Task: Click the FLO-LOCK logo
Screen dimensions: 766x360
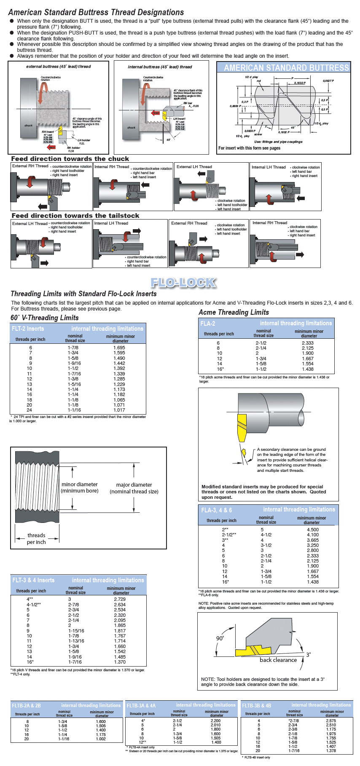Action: (x=183, y=283)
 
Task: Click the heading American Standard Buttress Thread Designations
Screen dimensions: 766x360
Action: (x=96, y=12)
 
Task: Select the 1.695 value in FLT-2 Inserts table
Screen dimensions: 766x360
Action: (x=119, y=348)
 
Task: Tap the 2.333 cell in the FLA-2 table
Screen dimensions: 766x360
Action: (x=308, y=343)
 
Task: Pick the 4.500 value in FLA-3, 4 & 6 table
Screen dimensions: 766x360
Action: (x=313, y=530)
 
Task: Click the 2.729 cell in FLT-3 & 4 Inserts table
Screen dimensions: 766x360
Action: (x=120, y=599)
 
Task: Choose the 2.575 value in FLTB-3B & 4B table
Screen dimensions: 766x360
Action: (x=331, y=721)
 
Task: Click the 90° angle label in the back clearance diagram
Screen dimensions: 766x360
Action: (x=220, y=638)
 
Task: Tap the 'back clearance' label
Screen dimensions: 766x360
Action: (x=278, y=660)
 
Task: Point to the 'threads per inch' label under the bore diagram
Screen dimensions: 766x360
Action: (x=36, y=538)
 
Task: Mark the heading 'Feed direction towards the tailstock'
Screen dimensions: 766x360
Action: (x=75, y=216)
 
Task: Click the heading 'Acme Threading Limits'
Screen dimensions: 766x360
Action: (x=234, y=312)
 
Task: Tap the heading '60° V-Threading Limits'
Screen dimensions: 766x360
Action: (x=45, y=318)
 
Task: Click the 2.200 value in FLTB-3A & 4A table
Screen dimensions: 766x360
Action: (x=215, y=721)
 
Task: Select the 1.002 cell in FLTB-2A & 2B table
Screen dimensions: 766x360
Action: (x=101, y=739)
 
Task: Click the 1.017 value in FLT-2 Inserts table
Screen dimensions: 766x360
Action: (x=119, y=410)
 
